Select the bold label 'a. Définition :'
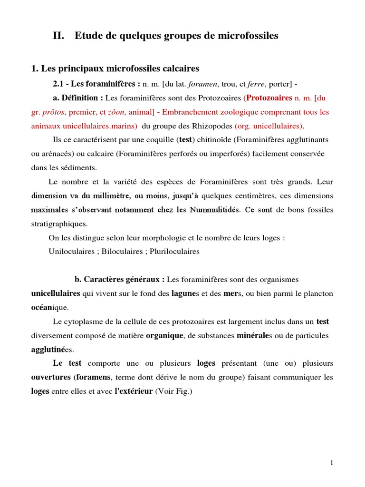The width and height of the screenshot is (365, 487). click(x=78, y=98)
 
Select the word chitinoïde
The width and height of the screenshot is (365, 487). click(x=215, y=140)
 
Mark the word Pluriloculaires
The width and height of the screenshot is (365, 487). click(x=174, y=252)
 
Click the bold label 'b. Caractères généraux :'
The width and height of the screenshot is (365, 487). click(x=120, y=279)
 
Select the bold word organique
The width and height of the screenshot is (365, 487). click(x=164, y=335)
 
